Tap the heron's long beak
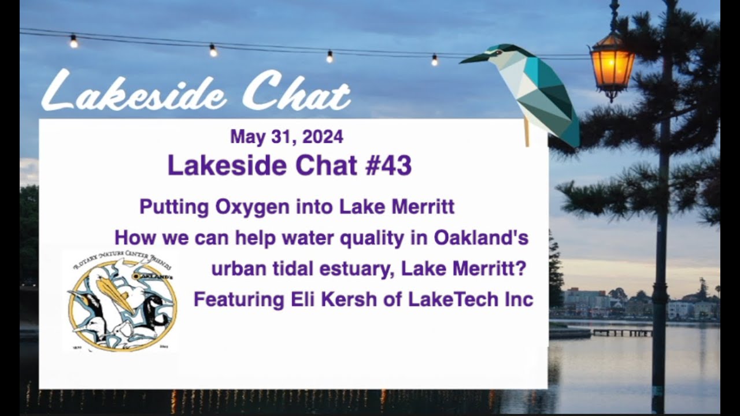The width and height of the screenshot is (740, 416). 475,57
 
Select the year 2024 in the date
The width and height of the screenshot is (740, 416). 322,137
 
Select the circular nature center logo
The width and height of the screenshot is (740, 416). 122,303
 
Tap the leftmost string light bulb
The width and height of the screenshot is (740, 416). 73,41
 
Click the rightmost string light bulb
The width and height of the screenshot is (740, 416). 434,60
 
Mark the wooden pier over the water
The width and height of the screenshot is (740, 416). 621,332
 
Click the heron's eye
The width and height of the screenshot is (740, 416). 495,52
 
